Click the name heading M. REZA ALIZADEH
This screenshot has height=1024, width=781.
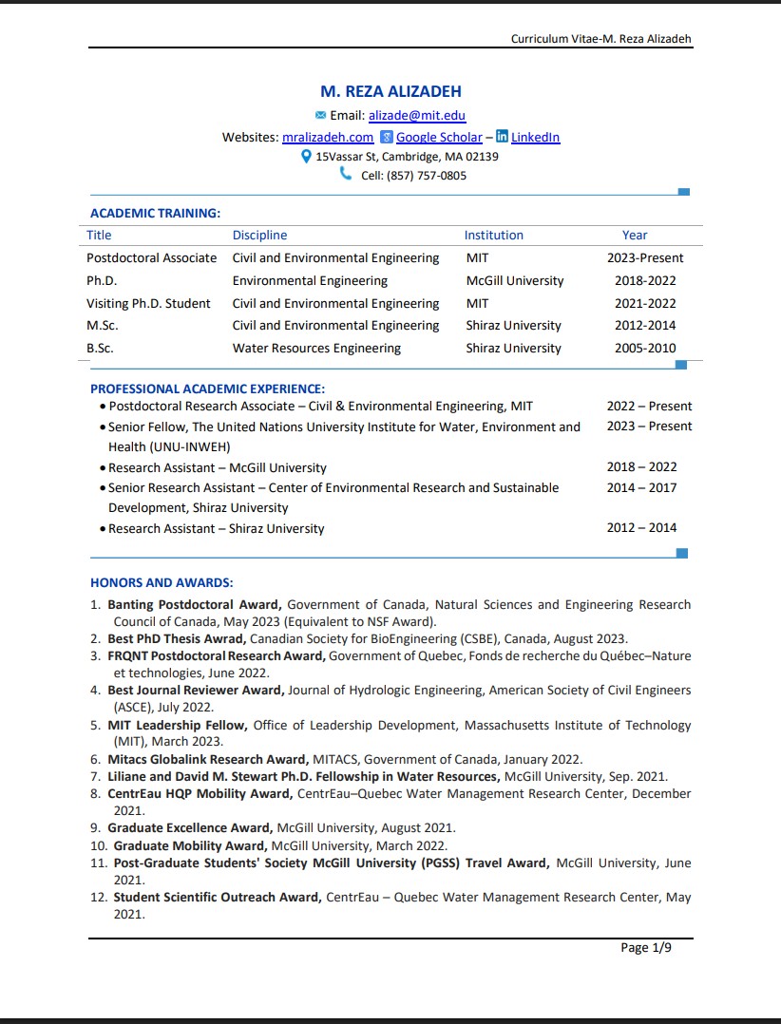pyautogui.click(x=390, y=92)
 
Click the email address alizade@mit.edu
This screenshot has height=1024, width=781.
pyautogui.click(x=417, y=116)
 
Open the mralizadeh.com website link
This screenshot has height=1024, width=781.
pyautogui.click(x=328, y=138)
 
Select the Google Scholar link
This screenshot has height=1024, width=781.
pyautogui.click(x=439, y=138)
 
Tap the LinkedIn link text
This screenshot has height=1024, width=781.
pyautogui.click(x=535, y=138)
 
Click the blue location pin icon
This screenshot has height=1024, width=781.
pyautogui.click(x=306, y=156)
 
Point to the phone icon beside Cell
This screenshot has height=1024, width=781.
pyautogui.click(x=346, y=175)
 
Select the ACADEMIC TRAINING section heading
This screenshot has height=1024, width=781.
pyautogui.click(x=155, y=214)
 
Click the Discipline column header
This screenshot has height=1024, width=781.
pyautogui.click(x=259, y=236)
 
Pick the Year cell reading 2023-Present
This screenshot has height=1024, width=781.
pyautogui.click(x=645, y=258)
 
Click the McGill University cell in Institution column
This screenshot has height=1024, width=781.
pyautogui.click(x=514, y=281)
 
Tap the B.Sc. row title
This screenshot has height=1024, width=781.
pyautogui.click(x=100, y=349)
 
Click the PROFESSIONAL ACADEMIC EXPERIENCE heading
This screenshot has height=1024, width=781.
pyautogui.click(x=207, y=389)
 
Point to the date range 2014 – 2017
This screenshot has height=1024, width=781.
pyautogui.click(x=649, y=487)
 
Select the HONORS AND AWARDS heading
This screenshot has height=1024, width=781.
pyautogui.click(x=162, y=583)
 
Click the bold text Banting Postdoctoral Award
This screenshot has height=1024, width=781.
pyautogui.click(x=194, y=605)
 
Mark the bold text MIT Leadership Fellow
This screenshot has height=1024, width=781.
pyautogui.click(x=177, y=726)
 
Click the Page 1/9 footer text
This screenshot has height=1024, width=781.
pyautogui.click(x=646, y=948)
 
